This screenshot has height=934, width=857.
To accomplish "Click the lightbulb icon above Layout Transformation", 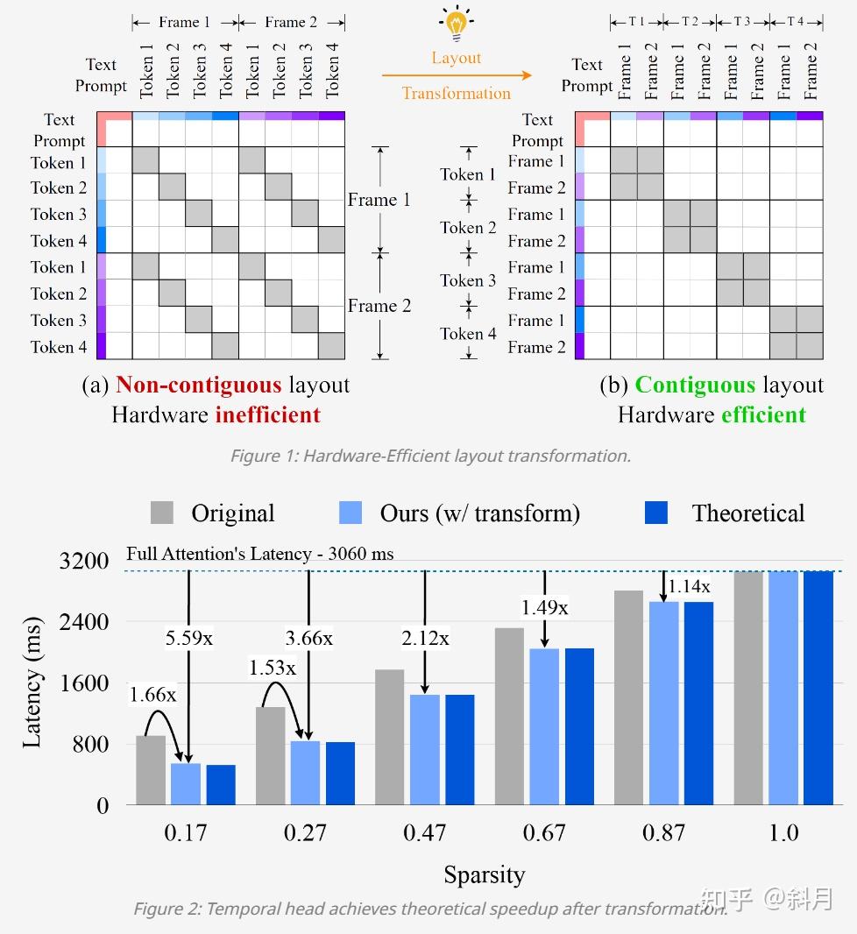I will tap(456, 25).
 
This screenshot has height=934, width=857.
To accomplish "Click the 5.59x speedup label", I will tap(189, 638).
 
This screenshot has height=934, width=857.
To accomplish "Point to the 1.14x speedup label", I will tap(689, 586).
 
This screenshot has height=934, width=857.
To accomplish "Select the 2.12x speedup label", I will tap(425, 638).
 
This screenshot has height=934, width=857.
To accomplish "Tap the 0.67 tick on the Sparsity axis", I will tap(544, 832).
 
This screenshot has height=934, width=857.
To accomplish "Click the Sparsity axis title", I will tap(484, 874).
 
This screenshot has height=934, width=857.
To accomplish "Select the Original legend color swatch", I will tap(162, 513).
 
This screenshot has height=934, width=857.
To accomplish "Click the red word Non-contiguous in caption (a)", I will tap(198, 386).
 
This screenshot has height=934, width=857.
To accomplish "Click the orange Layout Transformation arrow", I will tap(456, 75).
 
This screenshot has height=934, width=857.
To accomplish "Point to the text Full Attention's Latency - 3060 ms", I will tap(259, 554).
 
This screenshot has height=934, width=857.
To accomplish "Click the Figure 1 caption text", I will tap(429, 456).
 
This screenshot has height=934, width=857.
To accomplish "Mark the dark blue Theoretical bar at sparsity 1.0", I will tap(818, 688).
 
